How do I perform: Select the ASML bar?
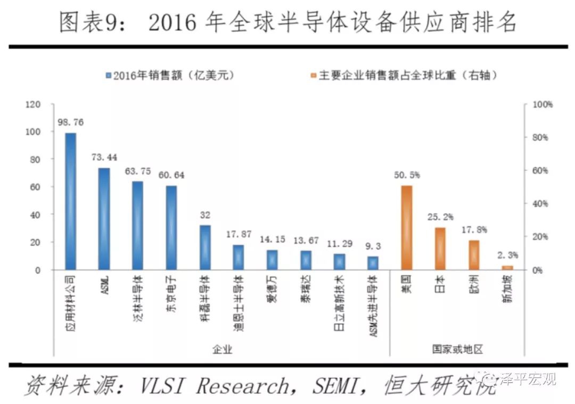(x=104, y=219)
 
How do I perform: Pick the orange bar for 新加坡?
(x=507, y=267)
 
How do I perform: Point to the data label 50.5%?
(x=407, y=175)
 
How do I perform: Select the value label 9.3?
(x=374, y=246)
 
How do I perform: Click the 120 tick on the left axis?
(x=33, y=105)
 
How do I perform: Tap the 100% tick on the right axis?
(x=543, y=105)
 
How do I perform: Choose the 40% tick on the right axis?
(x=541, y=204)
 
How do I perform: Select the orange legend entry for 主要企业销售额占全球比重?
(x=407, y=76)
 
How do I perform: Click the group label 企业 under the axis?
(x=221, y=349)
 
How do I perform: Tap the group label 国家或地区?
(x=457, y=349)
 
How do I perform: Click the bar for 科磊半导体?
(x=205, y=248)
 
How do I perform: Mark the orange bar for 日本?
(x=440, y=249)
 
